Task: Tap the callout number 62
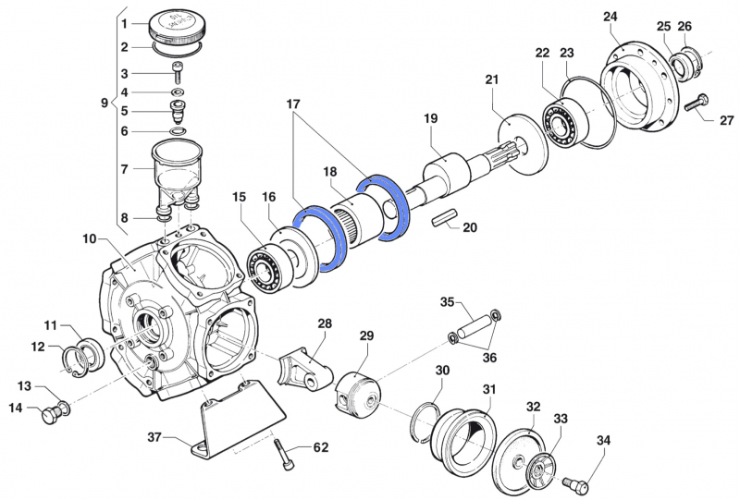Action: pos(321,448)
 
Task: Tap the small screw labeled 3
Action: pos(178,73)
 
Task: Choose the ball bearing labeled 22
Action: pos(561,121)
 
